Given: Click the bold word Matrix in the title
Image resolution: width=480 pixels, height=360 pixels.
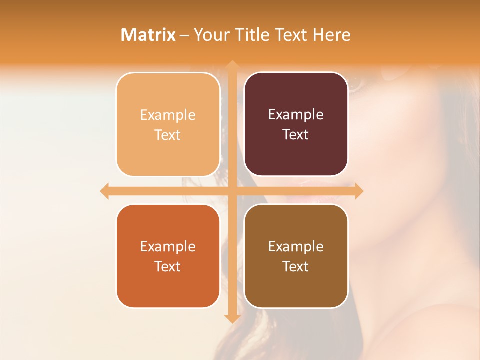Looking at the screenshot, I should tap(148, 35).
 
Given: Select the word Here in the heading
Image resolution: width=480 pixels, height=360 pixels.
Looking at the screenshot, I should tap(331, 35).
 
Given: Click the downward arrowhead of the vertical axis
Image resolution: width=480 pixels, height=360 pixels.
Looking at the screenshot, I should tap(232, 318).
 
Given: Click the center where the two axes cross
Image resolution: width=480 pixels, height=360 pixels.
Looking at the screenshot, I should tap(232, 191).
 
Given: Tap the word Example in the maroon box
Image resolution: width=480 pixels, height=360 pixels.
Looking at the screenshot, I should tap(296, 115).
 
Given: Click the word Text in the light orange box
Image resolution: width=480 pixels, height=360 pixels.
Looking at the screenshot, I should tap(168, 135).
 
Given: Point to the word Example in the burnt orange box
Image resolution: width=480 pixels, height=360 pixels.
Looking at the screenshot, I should tap(168, 246).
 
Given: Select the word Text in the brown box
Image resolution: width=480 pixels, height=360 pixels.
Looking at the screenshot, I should tap(296, 267).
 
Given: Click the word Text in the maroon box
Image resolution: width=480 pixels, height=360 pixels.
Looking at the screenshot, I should tap(296, 135).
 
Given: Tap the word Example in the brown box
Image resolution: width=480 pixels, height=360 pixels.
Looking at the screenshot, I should tap(296, 246).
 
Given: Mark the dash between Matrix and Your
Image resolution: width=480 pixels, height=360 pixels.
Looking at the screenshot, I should tap(184, 35).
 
